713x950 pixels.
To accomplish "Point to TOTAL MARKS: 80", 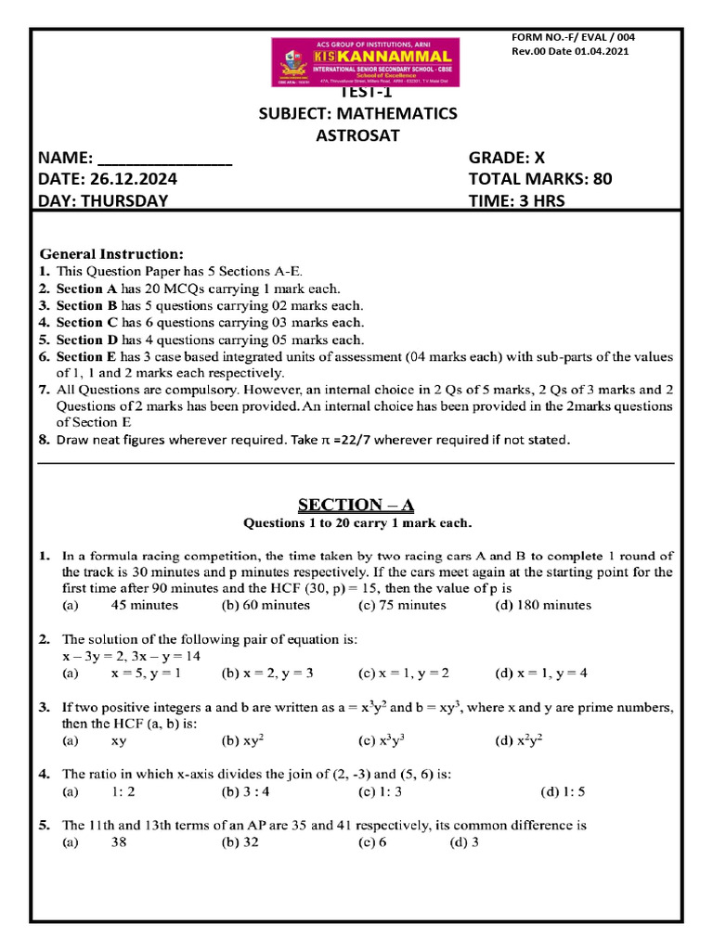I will click(540, 179).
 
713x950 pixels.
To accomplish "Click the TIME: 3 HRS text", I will click(516, 200).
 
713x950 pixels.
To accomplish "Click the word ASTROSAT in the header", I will click(357, 135).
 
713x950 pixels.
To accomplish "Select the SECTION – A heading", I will click(356, 505).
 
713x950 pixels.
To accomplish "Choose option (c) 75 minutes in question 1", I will click(402, 605).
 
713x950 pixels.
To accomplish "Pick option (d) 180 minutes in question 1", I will click(542, 605).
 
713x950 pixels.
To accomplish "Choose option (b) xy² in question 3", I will click(245, 741).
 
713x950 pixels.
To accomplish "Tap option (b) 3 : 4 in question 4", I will click(246, 792).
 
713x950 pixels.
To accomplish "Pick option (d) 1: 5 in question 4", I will click(567, 792).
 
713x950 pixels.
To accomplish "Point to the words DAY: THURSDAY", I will click(103, 200).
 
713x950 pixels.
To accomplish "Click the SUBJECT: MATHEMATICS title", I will click(357, 113).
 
